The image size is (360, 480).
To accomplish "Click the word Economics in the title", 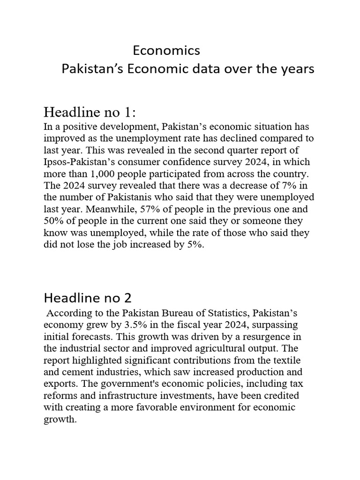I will pyautogui.click(x=166, y=50).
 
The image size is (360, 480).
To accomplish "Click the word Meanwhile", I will pyautogui.click(x=96, y=209).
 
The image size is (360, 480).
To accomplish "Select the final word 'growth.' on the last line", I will pyautogui.click(x=60, y=419).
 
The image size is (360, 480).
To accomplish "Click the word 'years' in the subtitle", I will pyautogui.click(x=299, y=69).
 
